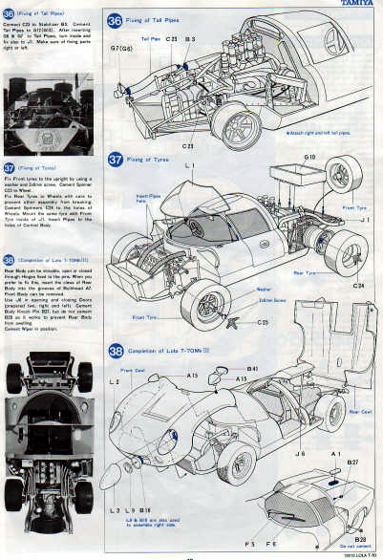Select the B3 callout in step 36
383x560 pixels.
pos(190,39)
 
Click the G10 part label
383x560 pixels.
pos(310,156)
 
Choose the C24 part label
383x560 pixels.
pos(358,285)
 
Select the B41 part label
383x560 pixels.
pos(253,368)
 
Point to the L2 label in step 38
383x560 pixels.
pos(115,381)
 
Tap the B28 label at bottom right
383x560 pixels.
pos(361,540)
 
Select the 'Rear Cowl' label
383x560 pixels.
pos(360,412)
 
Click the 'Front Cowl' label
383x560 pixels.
pos(133,370)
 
